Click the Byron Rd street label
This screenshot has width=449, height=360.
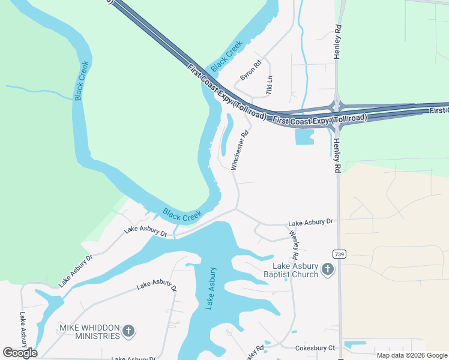(251, 71)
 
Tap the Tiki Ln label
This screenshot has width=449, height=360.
(270, 85)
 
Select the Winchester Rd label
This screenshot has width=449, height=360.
(240, 151)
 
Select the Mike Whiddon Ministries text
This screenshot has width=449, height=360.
(89, 332)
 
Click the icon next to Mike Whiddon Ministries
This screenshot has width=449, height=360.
(128, 331)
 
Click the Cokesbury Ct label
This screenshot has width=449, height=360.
(315, 348)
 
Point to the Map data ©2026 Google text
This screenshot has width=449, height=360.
(412, 355)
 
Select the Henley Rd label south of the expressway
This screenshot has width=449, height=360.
(337, 155)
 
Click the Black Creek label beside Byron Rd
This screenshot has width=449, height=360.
(226, 55)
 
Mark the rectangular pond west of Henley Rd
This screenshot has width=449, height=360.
(304, 137)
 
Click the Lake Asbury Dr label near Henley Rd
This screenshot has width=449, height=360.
(310, 222)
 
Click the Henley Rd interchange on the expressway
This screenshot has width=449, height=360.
(337, 107)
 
